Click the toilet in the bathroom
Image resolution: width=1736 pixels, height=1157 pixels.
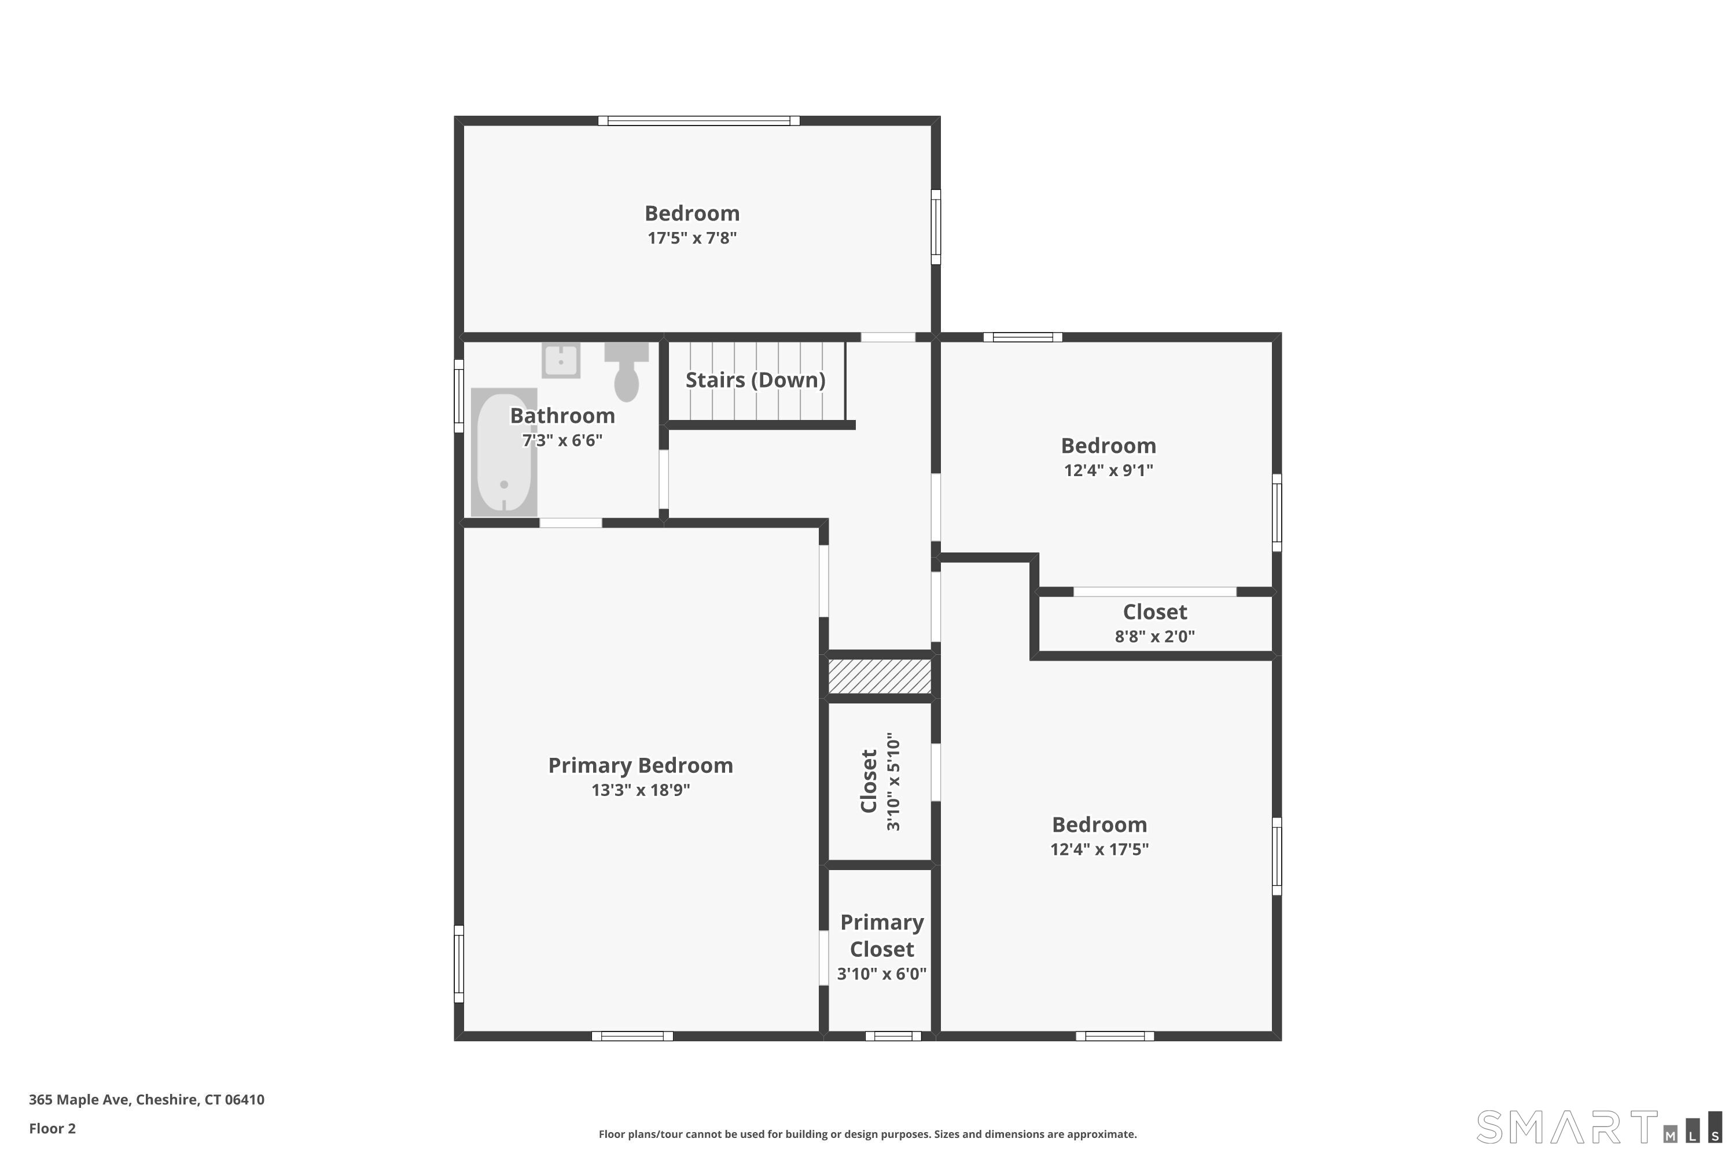(627, 371)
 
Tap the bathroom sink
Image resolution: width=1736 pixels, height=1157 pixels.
(561, 360)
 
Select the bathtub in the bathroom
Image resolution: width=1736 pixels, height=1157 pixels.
(504, 452)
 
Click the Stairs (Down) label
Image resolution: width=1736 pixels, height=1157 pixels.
(755, 380)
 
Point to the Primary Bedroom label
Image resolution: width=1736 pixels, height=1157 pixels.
(641, 765)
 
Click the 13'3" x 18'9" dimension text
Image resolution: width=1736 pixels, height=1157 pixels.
(641, 790)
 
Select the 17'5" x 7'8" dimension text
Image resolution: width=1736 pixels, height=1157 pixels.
(692, 238)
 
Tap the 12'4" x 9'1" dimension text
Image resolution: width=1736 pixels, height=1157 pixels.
(1109, 470)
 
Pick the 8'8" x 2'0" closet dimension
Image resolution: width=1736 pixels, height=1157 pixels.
(1155, 636)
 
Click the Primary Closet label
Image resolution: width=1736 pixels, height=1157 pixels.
(882, 935)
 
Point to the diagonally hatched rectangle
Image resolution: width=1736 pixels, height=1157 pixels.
(879, 676)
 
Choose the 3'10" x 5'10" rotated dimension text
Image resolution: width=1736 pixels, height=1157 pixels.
(893, 782)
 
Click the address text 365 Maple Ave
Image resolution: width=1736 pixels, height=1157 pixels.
(80, 1100)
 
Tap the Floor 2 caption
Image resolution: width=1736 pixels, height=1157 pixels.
(53, 1128)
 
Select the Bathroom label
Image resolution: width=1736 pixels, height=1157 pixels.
(562, 415)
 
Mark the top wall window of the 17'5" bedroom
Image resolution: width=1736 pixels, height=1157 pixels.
(699, 121)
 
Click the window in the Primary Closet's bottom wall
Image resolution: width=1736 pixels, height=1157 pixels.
(893, 1036)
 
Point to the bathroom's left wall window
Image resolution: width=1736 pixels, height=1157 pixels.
(459, 396)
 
